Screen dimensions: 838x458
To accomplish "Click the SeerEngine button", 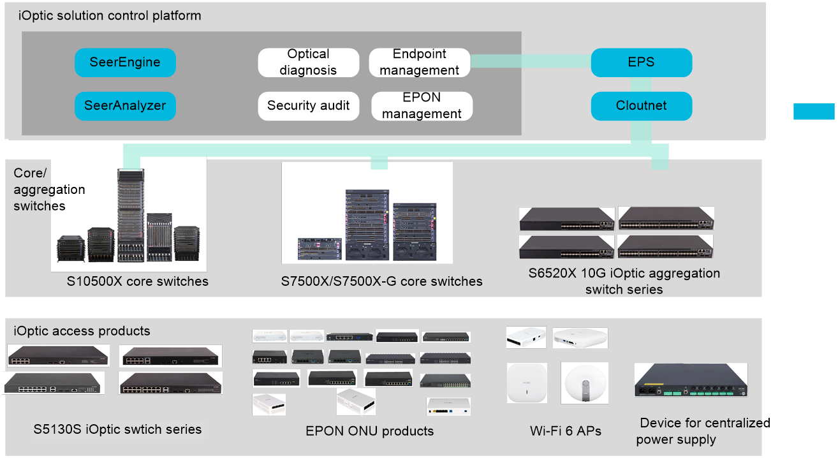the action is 126,63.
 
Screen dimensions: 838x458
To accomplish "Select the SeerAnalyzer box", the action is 126,106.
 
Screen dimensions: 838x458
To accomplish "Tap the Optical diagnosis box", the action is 308,63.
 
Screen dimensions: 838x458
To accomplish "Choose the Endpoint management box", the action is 420,63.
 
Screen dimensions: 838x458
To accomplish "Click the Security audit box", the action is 308,106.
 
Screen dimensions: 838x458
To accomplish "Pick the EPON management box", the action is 422,106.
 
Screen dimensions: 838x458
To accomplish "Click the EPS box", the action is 641,63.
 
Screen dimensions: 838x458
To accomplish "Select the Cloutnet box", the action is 641,106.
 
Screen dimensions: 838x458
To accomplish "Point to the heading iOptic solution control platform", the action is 110,16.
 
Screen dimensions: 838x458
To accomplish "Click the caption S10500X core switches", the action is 137,281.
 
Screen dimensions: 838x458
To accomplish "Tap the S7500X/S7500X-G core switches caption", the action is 381,281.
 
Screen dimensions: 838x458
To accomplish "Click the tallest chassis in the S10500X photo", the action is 131,215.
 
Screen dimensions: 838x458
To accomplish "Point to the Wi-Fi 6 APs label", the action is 565,431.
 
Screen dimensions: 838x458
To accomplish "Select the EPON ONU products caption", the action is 370,431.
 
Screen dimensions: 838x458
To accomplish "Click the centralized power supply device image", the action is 691,380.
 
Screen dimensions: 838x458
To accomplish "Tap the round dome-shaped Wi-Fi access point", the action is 585,383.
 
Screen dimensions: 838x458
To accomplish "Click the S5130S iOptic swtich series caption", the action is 117,429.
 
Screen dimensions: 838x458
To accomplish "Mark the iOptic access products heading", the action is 82,331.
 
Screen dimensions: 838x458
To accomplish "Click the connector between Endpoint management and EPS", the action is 531,61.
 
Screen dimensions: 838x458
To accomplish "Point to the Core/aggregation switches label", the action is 49,189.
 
